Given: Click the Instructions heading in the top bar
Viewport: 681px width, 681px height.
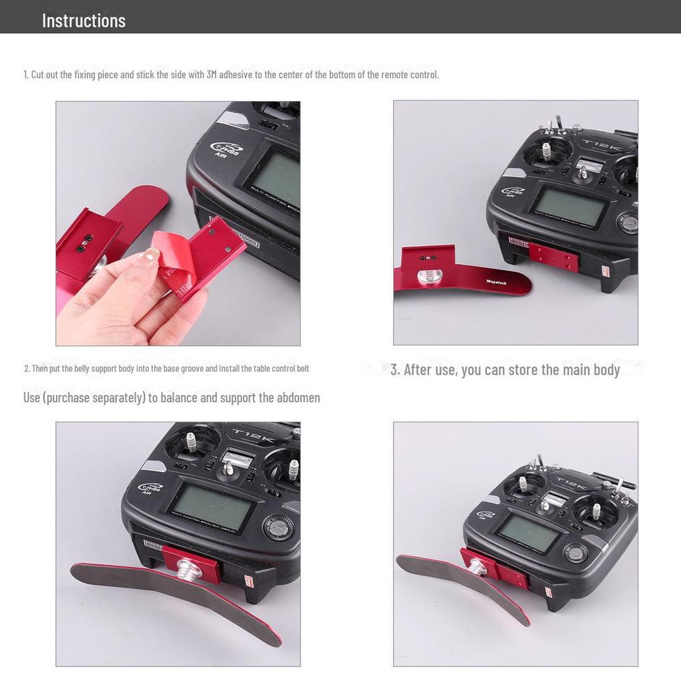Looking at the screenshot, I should pos(84,20).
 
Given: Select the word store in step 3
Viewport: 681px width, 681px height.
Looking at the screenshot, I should pos(523,370).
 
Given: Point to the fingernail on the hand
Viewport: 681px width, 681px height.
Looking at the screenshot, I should pos(152,254).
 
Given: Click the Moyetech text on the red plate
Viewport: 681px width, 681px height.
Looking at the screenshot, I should pos(496,283).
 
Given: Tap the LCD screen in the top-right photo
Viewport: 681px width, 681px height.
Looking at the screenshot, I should pos(569,205).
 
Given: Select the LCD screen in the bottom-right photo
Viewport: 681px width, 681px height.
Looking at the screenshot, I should pos(528,532).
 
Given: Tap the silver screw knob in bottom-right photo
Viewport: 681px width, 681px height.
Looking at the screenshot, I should pos(476,567).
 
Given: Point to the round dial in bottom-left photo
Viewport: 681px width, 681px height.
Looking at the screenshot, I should pos(278,527).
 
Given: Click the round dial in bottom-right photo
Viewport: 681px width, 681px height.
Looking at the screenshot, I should pos(575,553).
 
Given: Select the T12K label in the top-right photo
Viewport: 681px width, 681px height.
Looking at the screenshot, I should pos(597,144).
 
